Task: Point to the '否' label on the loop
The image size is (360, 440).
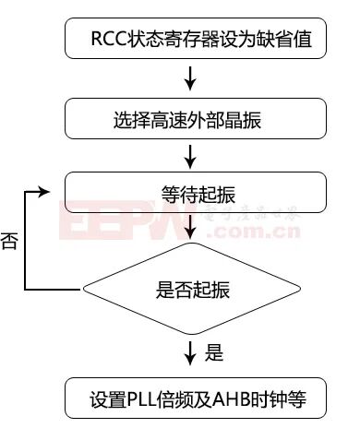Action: point(10,243)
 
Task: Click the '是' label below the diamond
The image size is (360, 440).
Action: point(214,352)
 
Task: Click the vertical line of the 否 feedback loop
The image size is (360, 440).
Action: point(25,242)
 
